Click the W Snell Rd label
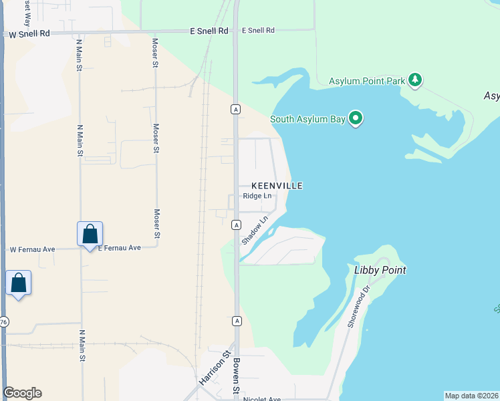[29, 33]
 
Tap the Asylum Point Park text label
[367, 82]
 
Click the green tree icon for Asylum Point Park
[416, 80]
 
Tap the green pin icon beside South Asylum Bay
[356, 119]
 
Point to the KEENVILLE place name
[277, 186]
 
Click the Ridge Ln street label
[257, 196]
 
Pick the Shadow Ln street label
[255, 229]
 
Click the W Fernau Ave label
[32, 249]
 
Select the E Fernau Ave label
[120, 248]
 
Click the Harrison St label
[215, 368]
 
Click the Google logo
[22, 393]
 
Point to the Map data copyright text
[472, 396]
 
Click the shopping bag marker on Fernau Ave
[90, 235]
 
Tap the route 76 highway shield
[3, 322]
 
